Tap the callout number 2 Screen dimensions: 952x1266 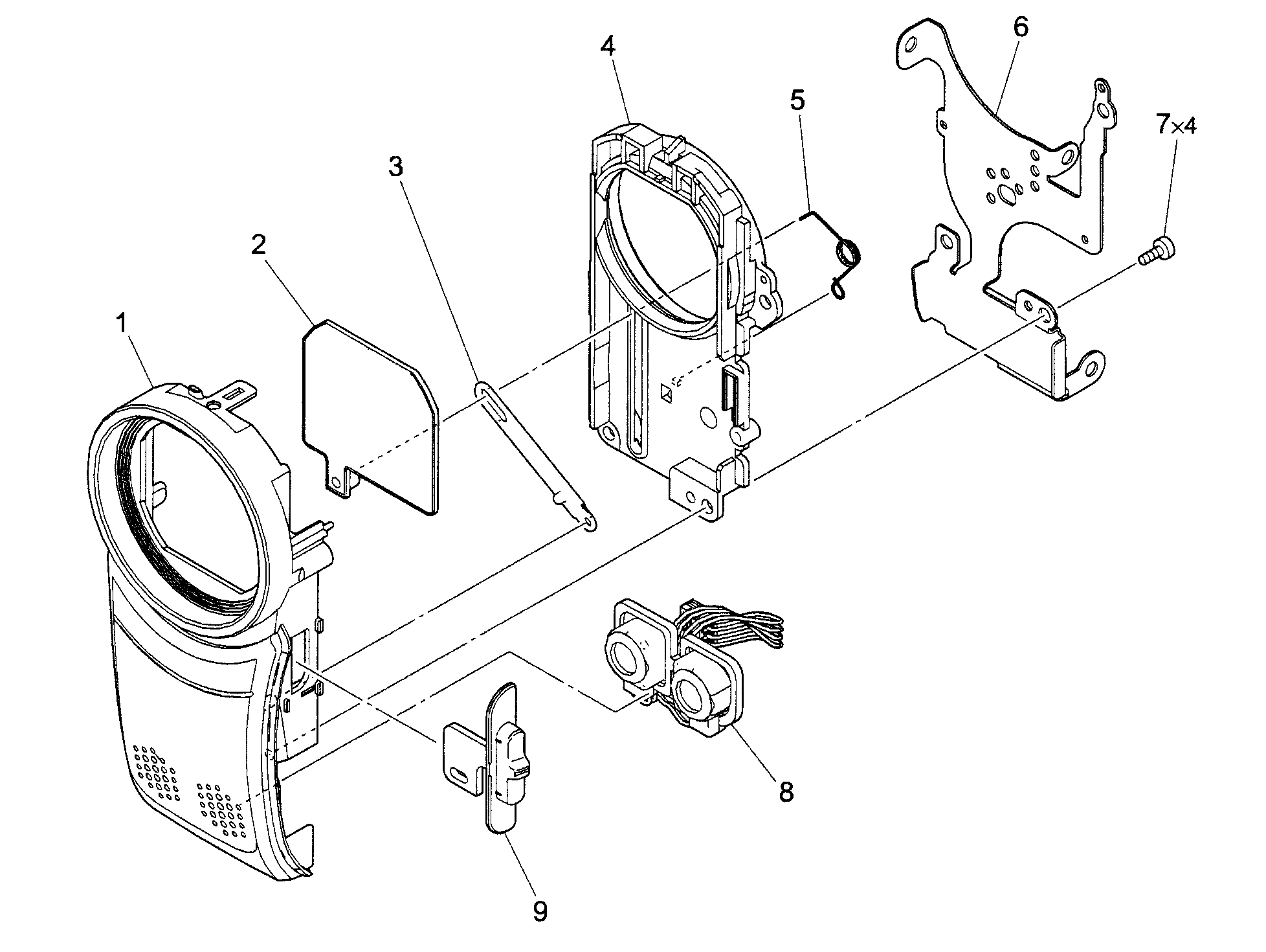point(258,245)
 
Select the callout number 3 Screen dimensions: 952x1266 point(395,166)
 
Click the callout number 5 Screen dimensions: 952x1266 point(797,100)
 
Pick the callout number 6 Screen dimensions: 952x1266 point(1021,27)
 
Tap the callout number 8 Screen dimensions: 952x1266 point(786,791)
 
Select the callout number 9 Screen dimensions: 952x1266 point(539,911)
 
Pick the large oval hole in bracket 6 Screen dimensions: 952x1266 point(1006,196)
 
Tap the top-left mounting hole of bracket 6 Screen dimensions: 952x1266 point(911,47)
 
